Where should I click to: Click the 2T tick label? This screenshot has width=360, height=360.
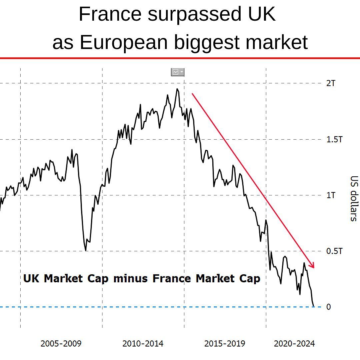pos(331,83)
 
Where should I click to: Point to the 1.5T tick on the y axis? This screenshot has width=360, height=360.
pos(334,139)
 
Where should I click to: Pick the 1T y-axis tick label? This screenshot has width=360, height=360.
pos(331,195)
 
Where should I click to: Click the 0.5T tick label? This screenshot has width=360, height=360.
pos(334,251)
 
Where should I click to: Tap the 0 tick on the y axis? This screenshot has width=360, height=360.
pos(328,307)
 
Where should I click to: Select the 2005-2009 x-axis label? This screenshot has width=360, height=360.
pos(61,343)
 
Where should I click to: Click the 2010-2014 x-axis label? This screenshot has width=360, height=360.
pos(143,343)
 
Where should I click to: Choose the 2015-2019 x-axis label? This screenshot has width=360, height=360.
pos(225,343)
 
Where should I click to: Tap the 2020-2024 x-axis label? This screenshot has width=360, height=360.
pos(294,343)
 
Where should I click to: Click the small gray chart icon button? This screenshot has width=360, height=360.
pos(177,72)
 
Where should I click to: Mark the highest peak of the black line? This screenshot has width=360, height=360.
pos(177,89)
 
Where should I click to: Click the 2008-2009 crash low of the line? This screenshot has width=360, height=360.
pos(86,250)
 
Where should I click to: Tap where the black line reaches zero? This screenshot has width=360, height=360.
pos(314,306)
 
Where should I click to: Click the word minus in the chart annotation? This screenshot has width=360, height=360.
pos(130,278)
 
